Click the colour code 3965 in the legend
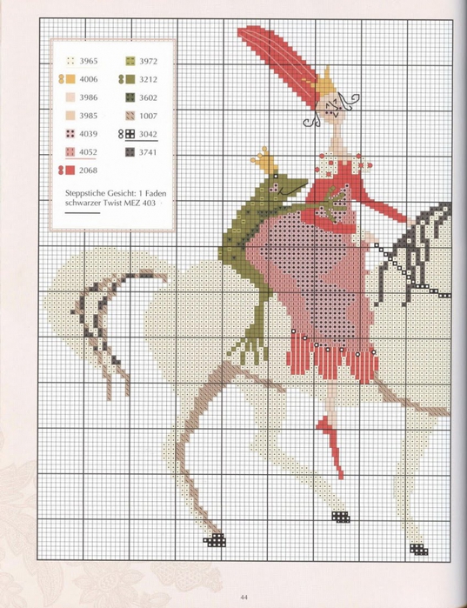click(89, 62)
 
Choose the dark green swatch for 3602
click(128, 98)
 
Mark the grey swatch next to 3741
click(128, 152)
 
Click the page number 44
click(233, 596)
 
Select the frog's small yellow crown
click(259, 160)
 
